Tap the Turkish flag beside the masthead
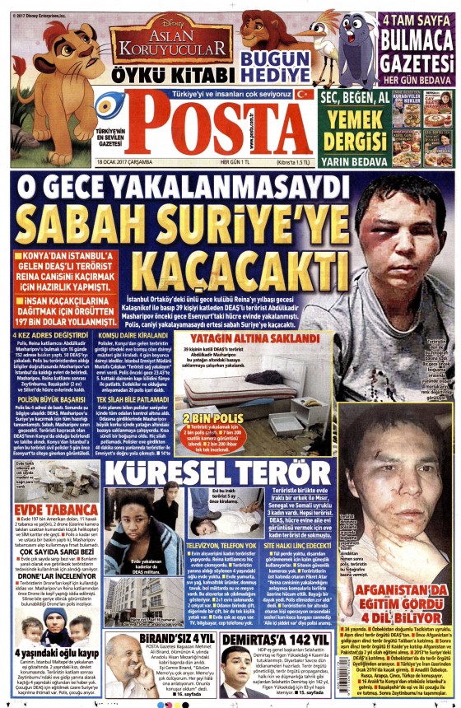click(305, 95)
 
